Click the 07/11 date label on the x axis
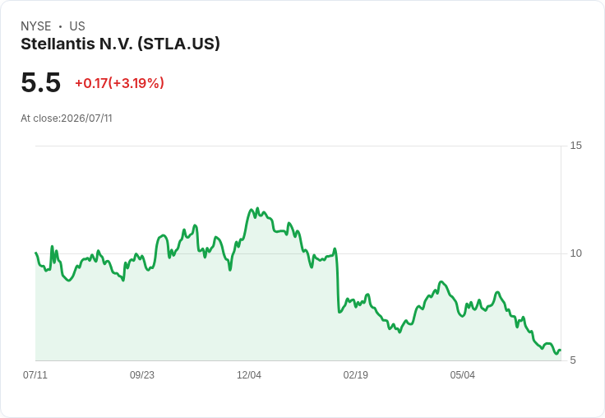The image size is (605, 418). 35,375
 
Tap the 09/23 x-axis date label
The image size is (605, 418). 142,375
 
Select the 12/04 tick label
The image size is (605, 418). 249,375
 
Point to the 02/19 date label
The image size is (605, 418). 356,375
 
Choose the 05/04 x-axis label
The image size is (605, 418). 462,375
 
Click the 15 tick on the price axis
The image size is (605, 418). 575,146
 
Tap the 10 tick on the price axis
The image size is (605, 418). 575,253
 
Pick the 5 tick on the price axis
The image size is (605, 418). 573,360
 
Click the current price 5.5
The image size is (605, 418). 41,82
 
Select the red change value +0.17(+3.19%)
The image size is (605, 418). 120,83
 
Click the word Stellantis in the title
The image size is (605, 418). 58,44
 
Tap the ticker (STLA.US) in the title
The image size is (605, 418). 178,44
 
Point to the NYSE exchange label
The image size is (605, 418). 36,26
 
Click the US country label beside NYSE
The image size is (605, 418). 77,26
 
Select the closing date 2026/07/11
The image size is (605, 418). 86,118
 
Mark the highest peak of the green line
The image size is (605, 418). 257,208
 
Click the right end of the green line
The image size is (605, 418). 561,350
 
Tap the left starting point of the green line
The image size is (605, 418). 35,253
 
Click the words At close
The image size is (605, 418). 40,118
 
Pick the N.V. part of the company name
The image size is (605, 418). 116,44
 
